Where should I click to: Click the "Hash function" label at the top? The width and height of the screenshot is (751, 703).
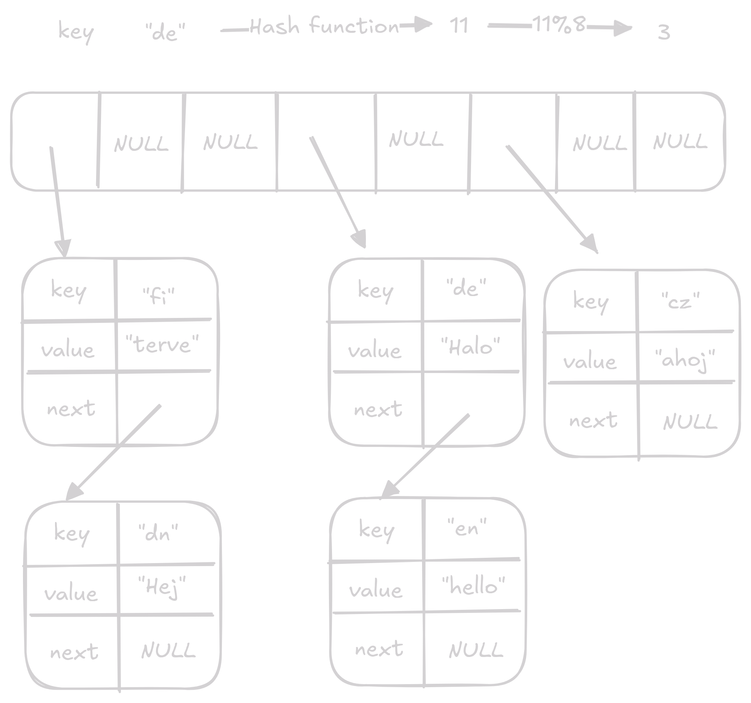tap(324, 26)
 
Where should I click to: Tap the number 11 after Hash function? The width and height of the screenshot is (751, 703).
tap(459, 26)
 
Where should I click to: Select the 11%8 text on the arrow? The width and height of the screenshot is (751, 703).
tap(559, 25)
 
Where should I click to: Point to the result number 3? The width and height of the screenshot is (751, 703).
tap(664, 32)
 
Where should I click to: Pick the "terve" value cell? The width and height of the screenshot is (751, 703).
tap(162, 344)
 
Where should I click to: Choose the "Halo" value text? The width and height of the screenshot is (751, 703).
tap(470, 346)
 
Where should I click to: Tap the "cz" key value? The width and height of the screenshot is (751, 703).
tap(681, 301)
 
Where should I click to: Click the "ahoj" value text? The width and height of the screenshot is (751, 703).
tap(685, 360)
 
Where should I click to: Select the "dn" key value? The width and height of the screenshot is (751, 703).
tap(158, 533)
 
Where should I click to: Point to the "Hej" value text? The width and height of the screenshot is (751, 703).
tap(162, 586)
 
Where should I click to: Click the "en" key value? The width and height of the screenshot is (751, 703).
tap(467, 528)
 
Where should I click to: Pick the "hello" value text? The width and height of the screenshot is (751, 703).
tap(473, 586)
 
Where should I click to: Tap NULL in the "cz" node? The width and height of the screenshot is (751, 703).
tap(690, 422)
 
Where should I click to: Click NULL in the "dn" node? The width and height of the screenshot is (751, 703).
tap(168, 651)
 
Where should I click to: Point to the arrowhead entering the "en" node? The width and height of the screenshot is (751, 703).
tap(389, 489)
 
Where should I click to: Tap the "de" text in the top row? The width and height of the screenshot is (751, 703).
tap(165, 32)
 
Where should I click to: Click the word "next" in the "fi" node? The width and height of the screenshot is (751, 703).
tap(71, 408)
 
